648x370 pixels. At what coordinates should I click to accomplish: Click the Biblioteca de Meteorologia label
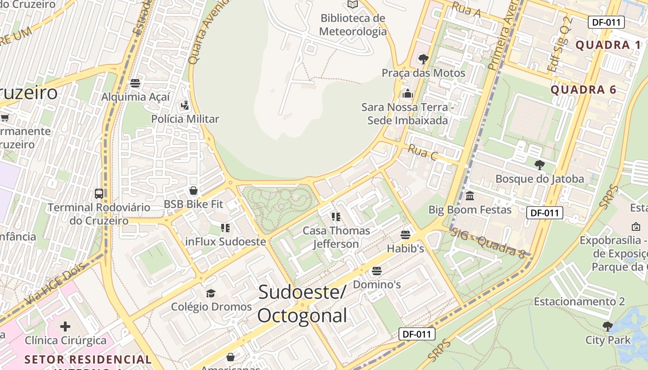(353, 25)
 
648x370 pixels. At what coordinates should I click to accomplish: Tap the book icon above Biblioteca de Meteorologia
(353, 4)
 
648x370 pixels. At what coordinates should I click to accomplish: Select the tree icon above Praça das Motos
(423, 59)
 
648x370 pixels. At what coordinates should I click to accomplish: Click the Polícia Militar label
(185, 119)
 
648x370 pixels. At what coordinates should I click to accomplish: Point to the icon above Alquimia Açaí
(135, 83)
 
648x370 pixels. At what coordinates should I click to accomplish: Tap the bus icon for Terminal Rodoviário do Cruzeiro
(99, 193)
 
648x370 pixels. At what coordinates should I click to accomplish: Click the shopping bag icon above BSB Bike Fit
(193, 191)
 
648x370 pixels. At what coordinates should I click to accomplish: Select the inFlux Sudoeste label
(225, 241)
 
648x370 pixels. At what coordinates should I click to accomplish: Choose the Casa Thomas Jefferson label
(336, 237)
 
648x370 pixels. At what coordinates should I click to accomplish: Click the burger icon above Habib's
(405, 235)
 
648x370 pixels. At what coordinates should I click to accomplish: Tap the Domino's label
(377, 284)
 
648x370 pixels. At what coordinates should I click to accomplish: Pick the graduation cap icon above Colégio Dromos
(211, 293)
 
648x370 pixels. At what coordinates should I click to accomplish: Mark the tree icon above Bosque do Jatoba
(539, 165)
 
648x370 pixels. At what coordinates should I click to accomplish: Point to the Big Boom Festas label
(470, 210)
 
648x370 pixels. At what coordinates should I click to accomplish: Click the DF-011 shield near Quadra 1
(606, 22)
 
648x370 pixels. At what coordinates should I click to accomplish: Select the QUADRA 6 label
(583, 90)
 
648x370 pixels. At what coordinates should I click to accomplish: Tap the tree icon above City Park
(608, 327)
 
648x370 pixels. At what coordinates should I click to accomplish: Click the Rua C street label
(422, 152)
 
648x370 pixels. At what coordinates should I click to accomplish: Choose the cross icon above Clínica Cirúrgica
(65, 327)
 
